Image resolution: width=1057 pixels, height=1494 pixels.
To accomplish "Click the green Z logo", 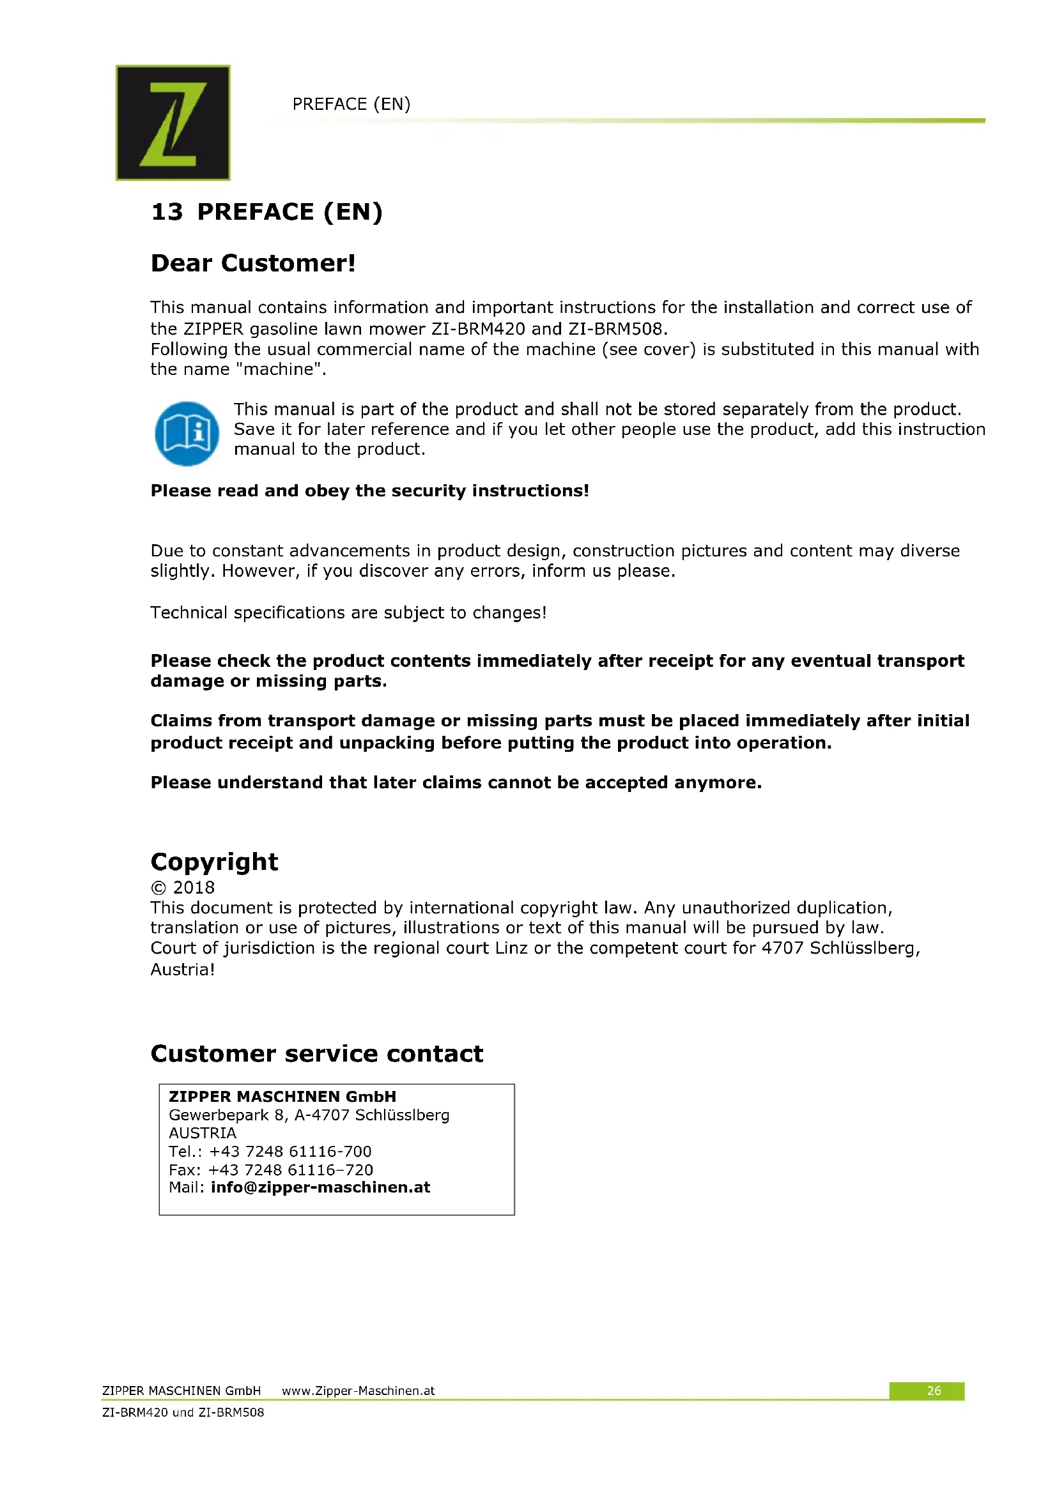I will point(173,123).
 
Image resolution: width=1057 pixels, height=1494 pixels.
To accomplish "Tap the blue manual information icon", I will point(187,433).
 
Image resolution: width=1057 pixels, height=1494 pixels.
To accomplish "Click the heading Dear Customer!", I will point(253,263).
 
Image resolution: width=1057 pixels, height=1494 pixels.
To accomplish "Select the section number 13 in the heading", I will point(167,212).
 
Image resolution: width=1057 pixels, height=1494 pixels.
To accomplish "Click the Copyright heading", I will point(214,862).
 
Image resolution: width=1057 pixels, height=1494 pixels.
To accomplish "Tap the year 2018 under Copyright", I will point(193,888).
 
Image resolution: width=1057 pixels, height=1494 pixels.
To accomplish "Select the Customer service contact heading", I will point(317,1053).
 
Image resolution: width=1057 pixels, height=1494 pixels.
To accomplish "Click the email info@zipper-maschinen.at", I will point(320,1187).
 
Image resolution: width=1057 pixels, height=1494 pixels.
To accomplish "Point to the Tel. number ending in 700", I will point(290,1151).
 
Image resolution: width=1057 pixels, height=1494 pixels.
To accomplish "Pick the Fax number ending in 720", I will point(290,1170).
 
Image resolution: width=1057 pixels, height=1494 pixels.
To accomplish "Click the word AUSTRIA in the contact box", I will point(203,1133).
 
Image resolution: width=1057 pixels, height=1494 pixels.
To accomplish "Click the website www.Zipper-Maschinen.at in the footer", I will point(358,1391).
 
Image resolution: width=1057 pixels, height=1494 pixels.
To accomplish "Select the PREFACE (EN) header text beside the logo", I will point(351,104).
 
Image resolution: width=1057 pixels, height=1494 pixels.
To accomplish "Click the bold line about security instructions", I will point(369,491).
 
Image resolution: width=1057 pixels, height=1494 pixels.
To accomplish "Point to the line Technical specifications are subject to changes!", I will point(348,613).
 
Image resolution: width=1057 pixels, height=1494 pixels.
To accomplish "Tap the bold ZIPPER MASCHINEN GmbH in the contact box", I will point(282,1097).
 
